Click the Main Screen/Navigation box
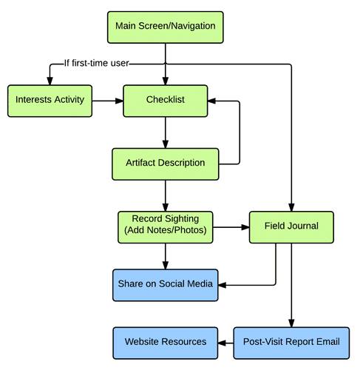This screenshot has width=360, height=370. [166, 27]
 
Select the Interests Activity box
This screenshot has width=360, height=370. [50, 101]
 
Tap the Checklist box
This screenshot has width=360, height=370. [166, 101]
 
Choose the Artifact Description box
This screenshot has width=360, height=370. [166, 164]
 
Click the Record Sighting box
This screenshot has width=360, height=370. [166, 227]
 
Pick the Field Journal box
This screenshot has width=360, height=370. [291, 227]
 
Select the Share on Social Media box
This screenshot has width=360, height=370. [166, 285]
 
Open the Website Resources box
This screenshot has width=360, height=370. [166, 343]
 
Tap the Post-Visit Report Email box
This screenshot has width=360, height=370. [291, 343]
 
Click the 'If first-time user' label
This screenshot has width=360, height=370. [96, 63]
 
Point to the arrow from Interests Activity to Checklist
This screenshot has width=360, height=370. [108, 101]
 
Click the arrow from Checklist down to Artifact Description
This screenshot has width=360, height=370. [166, 132]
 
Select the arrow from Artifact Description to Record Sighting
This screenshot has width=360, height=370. [166, 195]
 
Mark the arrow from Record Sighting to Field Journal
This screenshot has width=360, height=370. [231, 227]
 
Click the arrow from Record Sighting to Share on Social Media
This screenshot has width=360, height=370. [166, 256]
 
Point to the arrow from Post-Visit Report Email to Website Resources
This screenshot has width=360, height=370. [225, 343]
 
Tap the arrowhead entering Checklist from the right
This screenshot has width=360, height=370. [211, 101]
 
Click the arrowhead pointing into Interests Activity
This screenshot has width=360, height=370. [50, 81]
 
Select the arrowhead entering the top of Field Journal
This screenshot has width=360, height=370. [291, 207]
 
